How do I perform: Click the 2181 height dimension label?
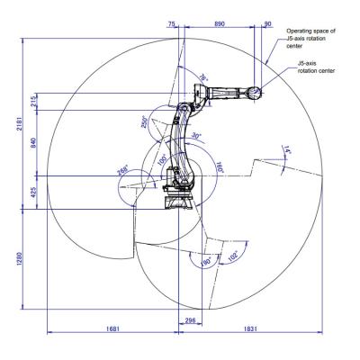(19, 122)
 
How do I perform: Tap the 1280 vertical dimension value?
(19, 259)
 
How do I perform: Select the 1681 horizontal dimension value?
(112, 328)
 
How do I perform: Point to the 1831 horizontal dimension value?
(250, 328)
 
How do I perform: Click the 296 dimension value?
(190, 320)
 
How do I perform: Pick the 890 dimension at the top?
(220, 23)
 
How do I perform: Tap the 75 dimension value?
(172, 23)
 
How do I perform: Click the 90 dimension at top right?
(268, 23)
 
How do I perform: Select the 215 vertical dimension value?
(33, 102)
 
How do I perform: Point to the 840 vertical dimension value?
(33, 142)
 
